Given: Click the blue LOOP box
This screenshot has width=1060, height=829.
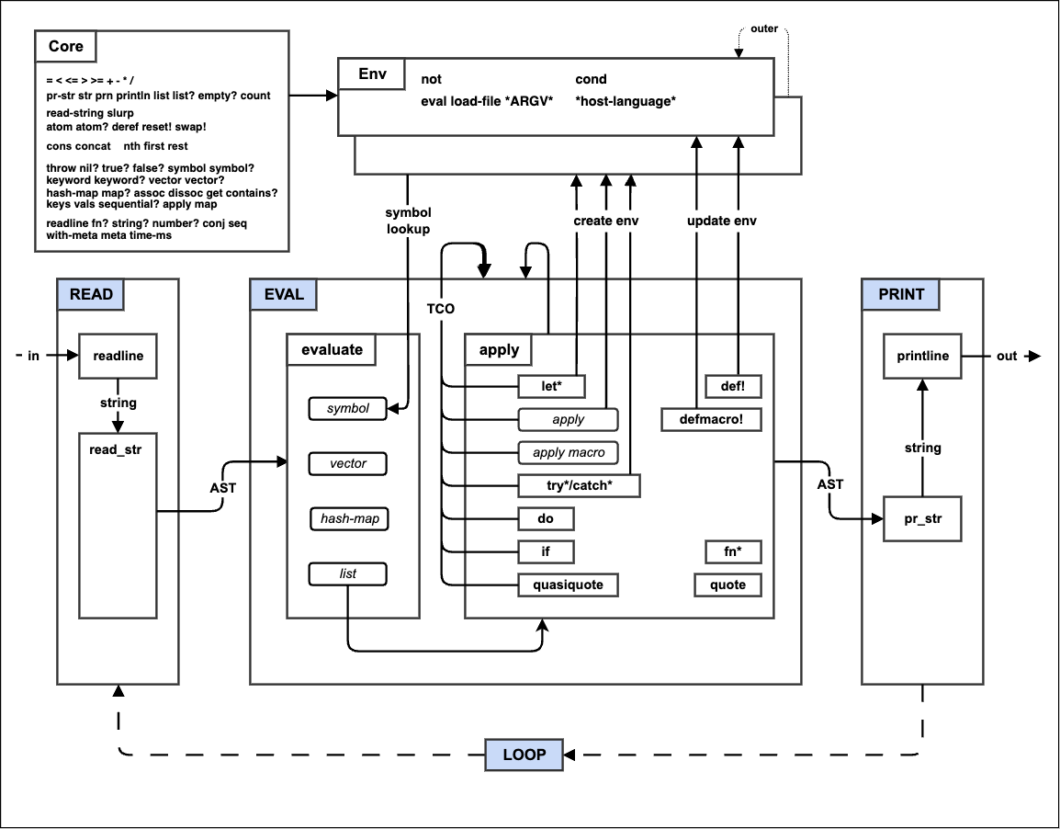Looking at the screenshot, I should tap(524, 755).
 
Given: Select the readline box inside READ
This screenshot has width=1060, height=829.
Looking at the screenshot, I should tap(118, 357).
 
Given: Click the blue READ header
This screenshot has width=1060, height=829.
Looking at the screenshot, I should tap(91, 294).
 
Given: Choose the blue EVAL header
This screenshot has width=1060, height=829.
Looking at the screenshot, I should tap(283, 294).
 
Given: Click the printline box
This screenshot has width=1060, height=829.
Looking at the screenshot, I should tap(922, 357).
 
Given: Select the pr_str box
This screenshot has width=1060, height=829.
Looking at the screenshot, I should tap(922, 520).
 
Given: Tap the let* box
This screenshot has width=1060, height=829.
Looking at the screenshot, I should tap(551, 386).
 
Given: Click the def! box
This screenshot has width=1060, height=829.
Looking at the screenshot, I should tap(733, 386).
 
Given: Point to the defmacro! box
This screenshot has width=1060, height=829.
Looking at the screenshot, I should tap(702, 419).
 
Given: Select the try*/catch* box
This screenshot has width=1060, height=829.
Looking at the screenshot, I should tap(579, 485).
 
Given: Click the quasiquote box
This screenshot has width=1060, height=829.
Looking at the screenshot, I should tap(568, 585).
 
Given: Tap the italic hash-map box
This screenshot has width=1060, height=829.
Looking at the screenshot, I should tap(348, 519).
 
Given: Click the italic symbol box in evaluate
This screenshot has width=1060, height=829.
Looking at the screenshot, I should tap(348, 408).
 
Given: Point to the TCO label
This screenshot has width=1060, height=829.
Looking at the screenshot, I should tap(440, 308).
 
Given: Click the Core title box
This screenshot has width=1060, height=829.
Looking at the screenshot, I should tap(65, 46).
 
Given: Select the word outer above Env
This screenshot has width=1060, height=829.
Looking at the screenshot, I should tap(763, 28).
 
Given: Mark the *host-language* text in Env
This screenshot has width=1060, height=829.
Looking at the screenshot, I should tap(626, 101).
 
